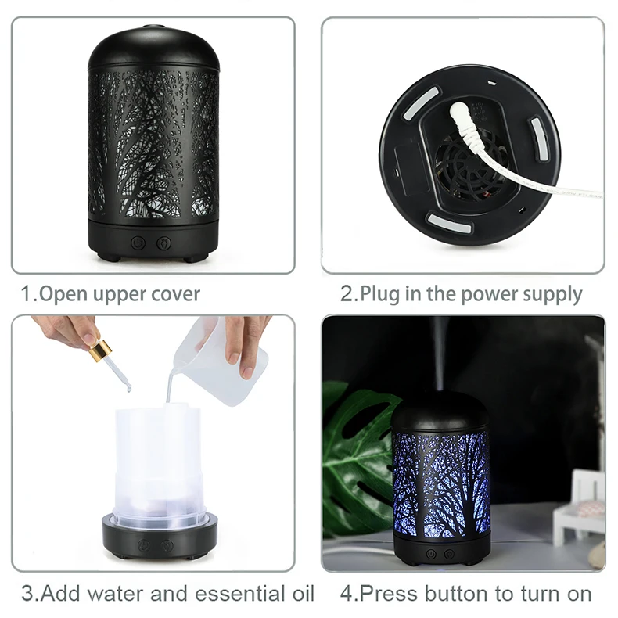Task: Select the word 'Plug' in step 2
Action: [x=380, y=295]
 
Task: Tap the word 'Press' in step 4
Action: [x=384, y=594]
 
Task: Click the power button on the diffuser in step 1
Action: [x=138, y=243]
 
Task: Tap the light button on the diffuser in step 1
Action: [x=164, y=243]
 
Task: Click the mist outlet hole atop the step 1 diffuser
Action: [x=153, y=27]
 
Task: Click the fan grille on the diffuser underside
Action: [x=471, y=167]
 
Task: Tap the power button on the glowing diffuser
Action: [x=431, y=554]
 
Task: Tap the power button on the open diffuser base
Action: [x=144, y=545]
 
